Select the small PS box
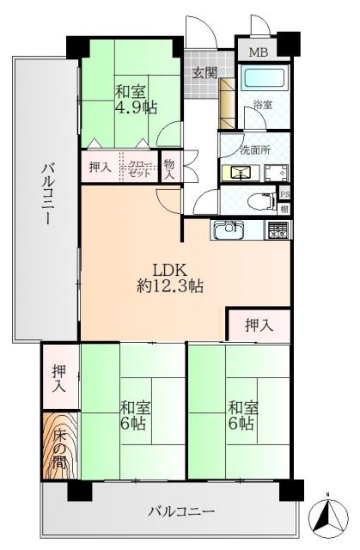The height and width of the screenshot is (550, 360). point(285,194)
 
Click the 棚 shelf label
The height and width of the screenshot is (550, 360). point(285,209)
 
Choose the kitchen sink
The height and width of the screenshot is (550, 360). point(229,230)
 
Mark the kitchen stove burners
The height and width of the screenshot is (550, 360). point(278,229)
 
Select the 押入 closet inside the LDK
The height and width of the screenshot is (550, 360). point(259,325)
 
